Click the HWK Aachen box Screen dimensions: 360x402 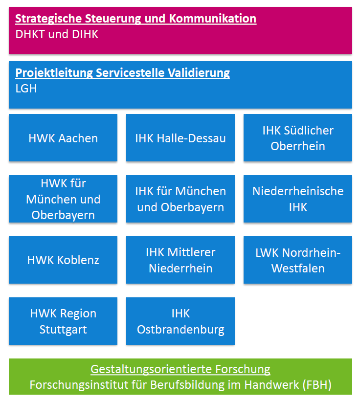63,138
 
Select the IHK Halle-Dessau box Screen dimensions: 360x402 180,138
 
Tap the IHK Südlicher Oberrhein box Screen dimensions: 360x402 298,138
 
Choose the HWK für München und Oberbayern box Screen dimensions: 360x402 63,199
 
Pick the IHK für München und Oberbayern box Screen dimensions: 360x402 180,199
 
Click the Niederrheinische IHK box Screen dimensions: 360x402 298,199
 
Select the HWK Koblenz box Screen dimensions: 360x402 63,260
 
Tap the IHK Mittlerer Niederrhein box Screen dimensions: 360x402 180,260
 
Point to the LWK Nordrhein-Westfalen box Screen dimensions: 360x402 298,260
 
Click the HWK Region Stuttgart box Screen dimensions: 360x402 63,321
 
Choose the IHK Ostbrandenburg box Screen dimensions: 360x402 180,321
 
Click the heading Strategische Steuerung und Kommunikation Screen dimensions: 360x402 135,19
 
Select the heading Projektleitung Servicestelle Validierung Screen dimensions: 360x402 123,73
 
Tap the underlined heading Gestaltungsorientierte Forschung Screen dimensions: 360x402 180,369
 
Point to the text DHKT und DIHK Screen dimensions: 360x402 57,34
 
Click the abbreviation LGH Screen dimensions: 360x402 26,89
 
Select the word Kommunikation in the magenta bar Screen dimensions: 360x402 213,19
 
